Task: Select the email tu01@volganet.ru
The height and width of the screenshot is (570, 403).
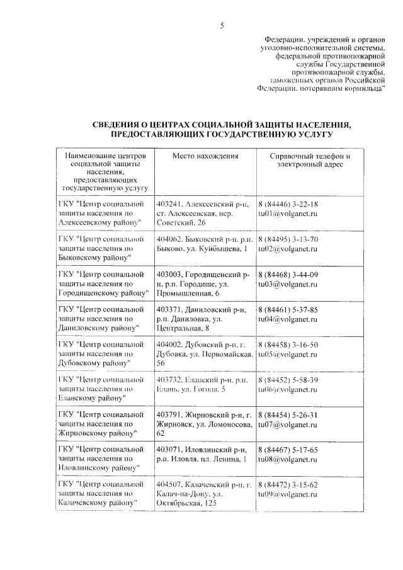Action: pyautogui.click(x=288, y=214)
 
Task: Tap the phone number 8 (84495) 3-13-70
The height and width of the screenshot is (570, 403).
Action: pyautogui.click(x=288, y=239)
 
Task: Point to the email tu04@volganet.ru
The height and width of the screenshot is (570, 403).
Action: pyautogui.click(x=288, y=320)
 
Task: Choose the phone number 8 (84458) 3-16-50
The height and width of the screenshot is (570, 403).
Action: pyautogui.click(x=288, y=345)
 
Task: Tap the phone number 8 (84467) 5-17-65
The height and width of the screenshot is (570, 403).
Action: pyautogui.click(x=288, y=451)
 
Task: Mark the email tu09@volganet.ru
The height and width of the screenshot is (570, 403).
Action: pyautogui.click(x=288, y=496)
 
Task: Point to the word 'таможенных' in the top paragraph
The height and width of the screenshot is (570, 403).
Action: pyautogui.click(x=292, y=81)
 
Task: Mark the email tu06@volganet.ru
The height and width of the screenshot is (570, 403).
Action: pyautogui.click(x=288, y=390)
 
